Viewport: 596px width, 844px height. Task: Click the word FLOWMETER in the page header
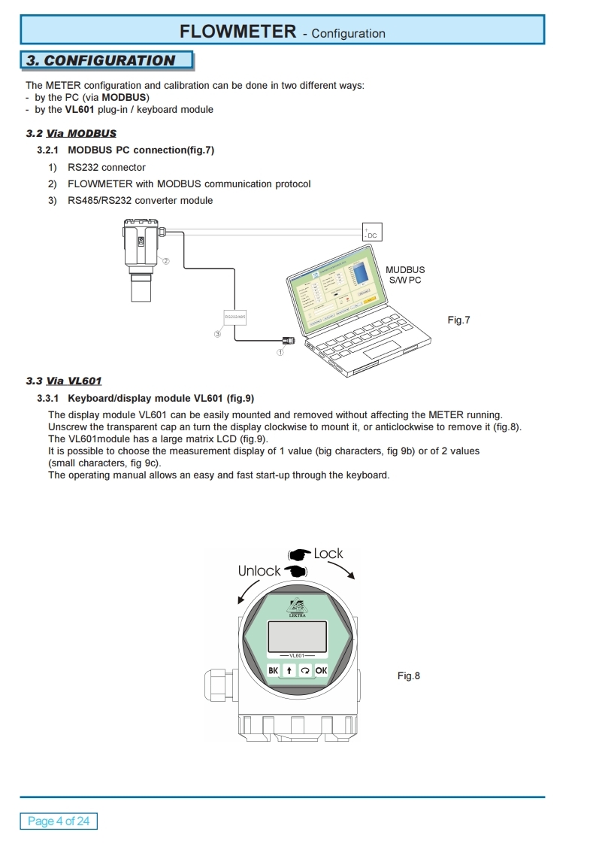237,32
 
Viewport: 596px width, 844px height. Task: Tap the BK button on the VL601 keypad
273,670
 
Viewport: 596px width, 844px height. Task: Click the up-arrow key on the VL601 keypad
289,670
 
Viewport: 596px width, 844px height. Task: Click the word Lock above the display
328,554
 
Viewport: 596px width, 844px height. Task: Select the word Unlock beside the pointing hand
259,571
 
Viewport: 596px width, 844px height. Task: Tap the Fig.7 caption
458,320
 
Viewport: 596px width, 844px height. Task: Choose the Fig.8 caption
409,676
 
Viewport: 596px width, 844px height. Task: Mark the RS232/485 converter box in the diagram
234,317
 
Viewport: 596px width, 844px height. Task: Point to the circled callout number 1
280,351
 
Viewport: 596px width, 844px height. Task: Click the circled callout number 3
217,334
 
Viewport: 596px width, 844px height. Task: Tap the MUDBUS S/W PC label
405,275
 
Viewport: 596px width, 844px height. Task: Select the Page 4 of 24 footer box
59,821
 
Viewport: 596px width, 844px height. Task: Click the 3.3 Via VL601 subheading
64,381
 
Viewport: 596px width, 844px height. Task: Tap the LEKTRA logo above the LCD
298,608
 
